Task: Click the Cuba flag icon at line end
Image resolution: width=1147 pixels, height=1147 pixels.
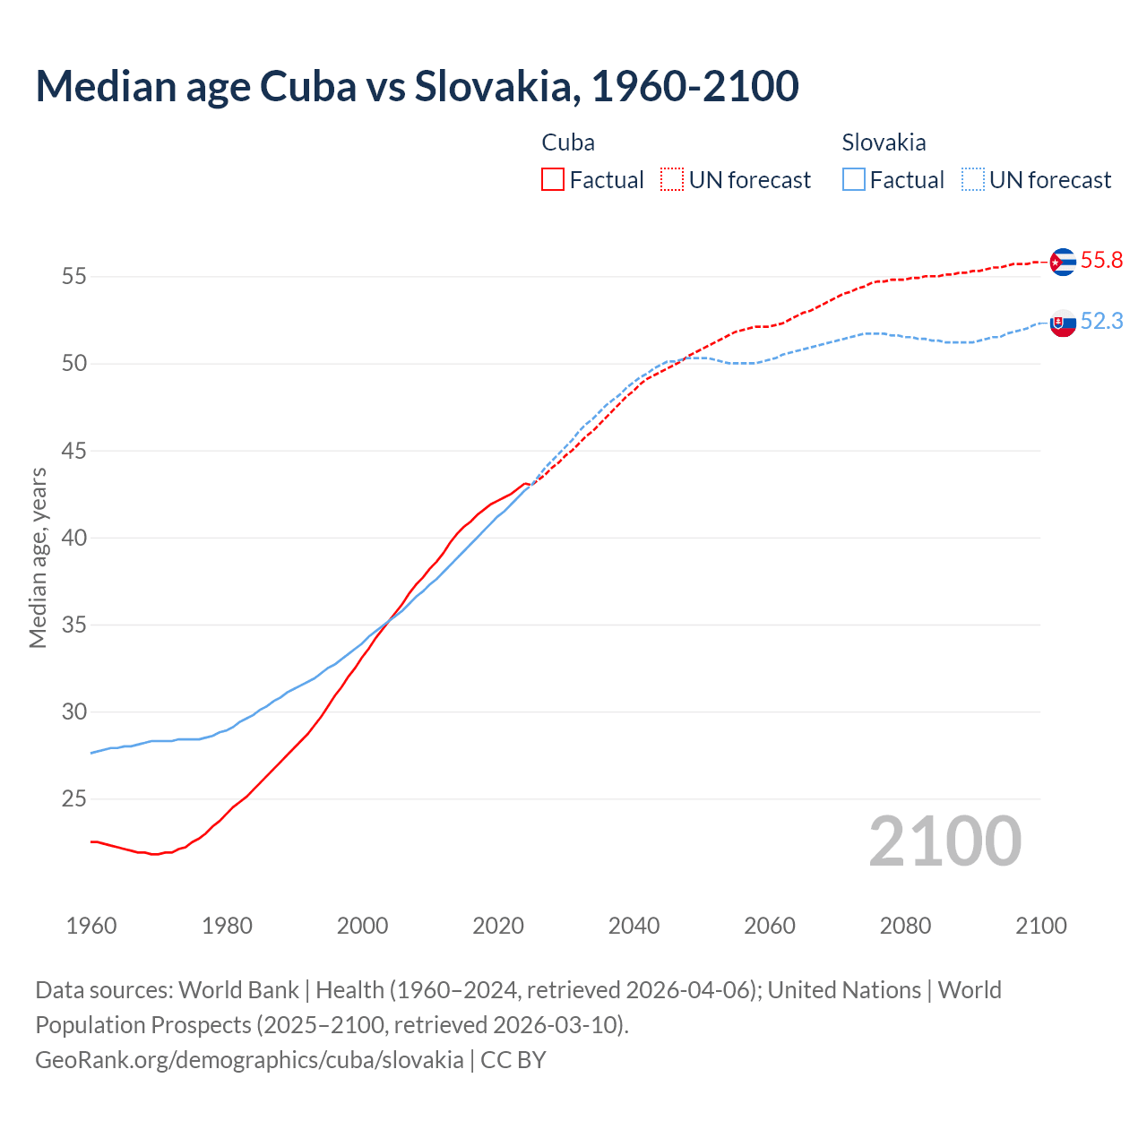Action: (1063, 262)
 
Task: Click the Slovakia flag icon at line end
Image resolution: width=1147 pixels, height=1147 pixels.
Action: (1063, 323)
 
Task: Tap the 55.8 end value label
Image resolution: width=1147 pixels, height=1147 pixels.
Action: (1101, 261)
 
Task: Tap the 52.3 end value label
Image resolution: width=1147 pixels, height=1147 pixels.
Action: (1101, 322)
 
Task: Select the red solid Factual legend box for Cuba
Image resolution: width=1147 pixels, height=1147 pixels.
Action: (553, 179)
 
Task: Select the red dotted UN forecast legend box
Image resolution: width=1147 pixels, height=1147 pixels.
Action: (672, 179)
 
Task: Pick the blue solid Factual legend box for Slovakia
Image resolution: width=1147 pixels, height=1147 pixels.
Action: (854, 179)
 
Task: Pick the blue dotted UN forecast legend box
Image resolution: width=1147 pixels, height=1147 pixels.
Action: (973, 179)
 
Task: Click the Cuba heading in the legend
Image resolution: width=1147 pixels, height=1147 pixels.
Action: (568, 142)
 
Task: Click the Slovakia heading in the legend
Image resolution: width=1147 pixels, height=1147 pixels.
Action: (884, 142)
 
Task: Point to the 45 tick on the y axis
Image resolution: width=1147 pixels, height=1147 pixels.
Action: (74, 451)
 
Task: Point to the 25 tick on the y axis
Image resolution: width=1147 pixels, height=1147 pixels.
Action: (74, 798)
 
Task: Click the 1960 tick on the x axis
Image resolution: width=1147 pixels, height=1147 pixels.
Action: (91, 926)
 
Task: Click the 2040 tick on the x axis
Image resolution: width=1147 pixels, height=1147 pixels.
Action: (634, 926)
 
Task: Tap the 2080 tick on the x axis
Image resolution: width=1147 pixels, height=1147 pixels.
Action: (905, 926)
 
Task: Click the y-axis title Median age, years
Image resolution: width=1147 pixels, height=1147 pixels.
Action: (38, 557)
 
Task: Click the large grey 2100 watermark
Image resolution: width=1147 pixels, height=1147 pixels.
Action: (945, 841)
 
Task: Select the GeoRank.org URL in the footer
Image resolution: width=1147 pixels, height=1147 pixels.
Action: (249, 1060)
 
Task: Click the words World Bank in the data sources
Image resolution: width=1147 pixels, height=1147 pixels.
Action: (238, 990)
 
